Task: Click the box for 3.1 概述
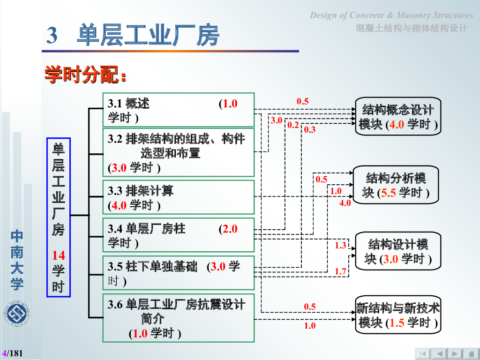pyautogui.click(x=178, y=110)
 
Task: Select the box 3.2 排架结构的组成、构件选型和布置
pyautogui.click(x=178, y=153)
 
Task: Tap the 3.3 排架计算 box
pyautogui.click(x=178, y=197)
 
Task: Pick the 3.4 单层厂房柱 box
pyautogui.click(x=178, y=235)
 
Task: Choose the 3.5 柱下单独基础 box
pyautogui.click(x=178, y=273)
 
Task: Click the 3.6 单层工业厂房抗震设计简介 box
pyautogui.click(x=178, y=318)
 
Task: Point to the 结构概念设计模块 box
pyautogui.click(x=398, y=117)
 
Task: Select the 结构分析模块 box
pyautogui.click(x=396, y=185)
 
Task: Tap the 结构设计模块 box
pyautogui.click(x=398, y=251)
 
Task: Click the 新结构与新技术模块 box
pyautogui.click(x=398, y=315)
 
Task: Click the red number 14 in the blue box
pyautogui.click(x=59, y=255)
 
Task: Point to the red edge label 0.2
pyautogui.click(x=293, y=125)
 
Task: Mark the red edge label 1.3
pyautogui.click(x=340, y=245)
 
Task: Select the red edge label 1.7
pyautogui.click(x=340, y=271)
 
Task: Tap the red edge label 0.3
pyautogui.click(x=310, y=130)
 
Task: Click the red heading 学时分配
pyautogui.click(x=85, y=75)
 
